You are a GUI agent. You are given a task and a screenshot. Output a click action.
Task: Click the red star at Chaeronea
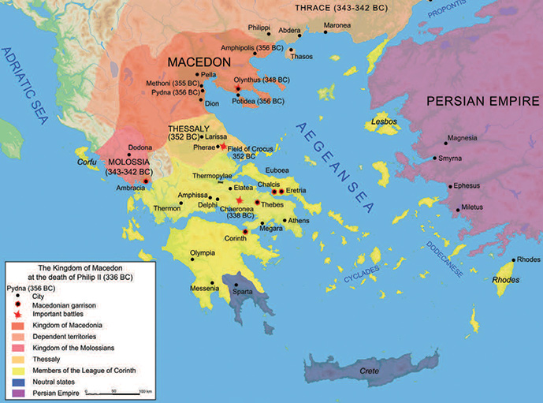239,200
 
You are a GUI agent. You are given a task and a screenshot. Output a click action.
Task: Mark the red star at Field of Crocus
223,147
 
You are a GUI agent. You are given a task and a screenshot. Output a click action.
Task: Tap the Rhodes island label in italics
505,278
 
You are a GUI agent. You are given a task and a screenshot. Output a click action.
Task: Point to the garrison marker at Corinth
245,231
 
